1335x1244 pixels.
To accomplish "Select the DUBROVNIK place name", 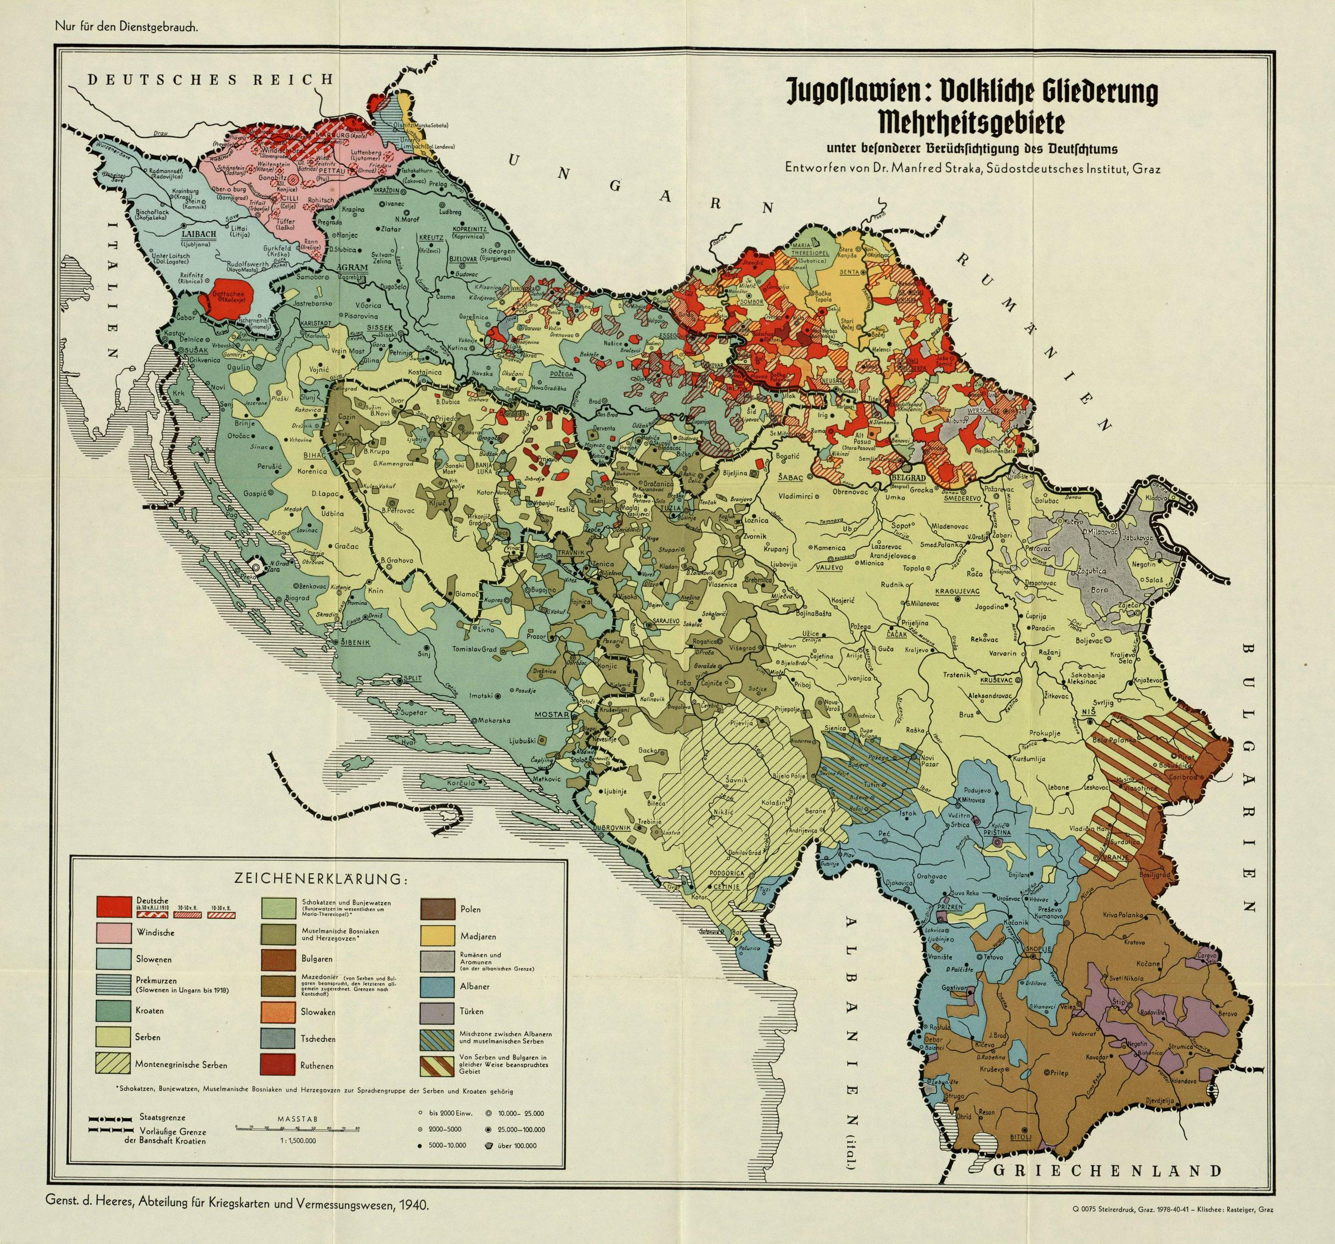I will pyautogui.click(x=612, y=827).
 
